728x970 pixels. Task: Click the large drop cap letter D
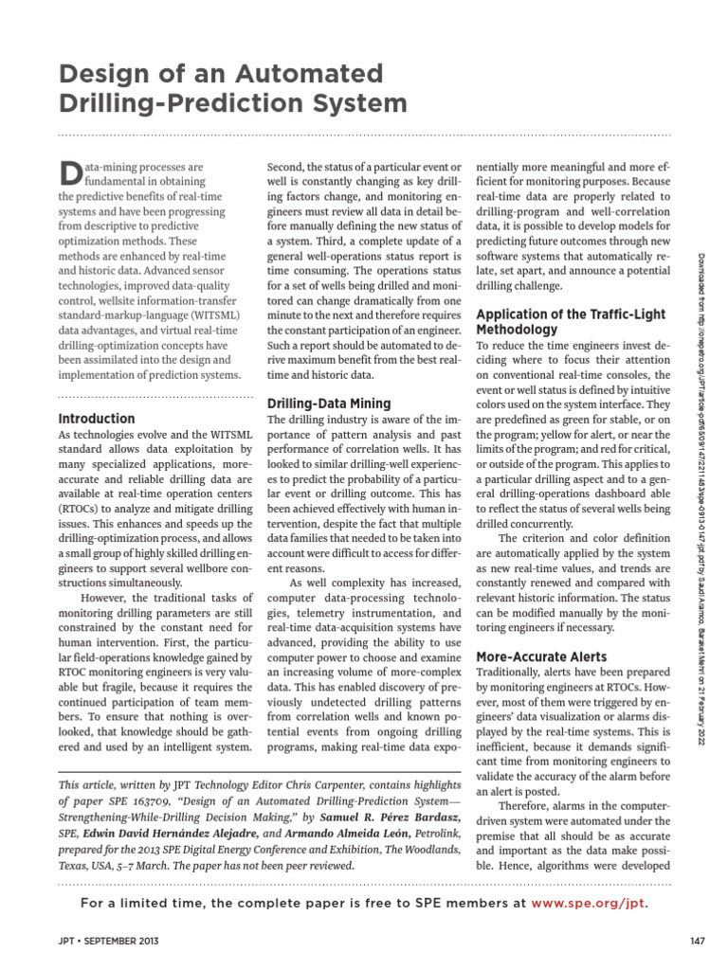point(71,172)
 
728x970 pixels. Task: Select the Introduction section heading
point(97,418)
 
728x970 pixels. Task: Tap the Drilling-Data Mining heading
point(328,403)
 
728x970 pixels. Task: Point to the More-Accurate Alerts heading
point(541,656)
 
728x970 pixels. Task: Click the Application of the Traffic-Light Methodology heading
point(570,321)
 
